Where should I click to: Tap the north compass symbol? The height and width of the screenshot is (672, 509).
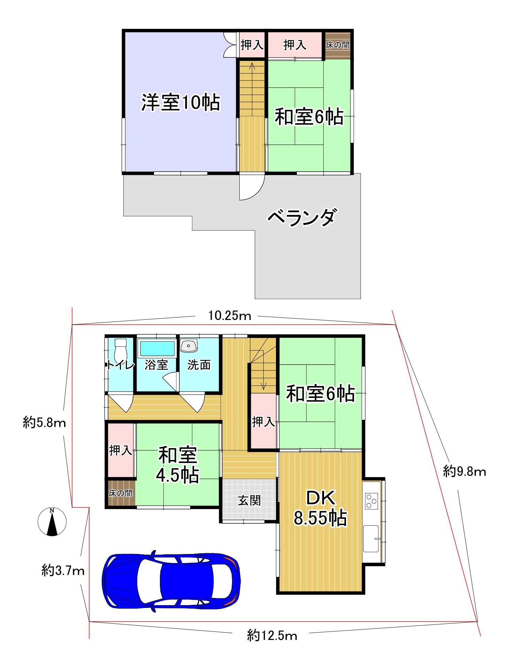52,522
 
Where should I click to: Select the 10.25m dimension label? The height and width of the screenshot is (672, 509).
230,315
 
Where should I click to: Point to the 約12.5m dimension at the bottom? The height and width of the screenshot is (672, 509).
272,636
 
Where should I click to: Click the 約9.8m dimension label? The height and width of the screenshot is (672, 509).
464,471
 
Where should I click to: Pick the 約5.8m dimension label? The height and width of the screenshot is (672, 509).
44,423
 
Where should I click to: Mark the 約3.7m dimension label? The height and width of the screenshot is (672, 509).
63,571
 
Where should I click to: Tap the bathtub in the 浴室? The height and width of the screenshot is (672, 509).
157,349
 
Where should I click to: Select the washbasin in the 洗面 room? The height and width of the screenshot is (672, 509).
189,346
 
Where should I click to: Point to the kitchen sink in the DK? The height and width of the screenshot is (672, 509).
371,539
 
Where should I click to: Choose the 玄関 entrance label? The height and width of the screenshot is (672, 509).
249,501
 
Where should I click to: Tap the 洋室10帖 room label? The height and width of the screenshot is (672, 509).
180,102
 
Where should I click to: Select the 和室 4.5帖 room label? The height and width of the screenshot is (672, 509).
178,465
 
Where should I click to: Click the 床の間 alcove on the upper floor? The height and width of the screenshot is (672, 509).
338,45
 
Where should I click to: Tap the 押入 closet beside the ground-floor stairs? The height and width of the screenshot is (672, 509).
263,422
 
